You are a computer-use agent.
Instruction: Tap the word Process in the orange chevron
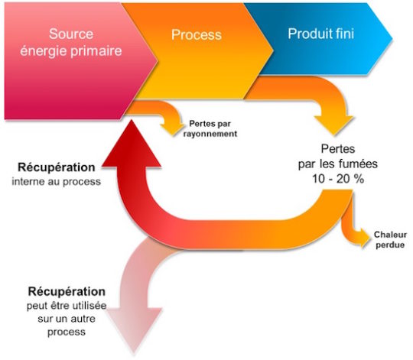[196, 35]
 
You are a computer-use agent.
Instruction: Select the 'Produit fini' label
[320, 34]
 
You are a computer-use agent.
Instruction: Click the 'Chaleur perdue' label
[391, 238]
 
